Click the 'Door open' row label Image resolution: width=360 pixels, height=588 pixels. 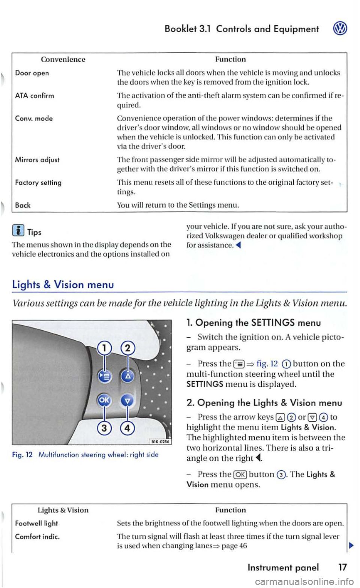pyautogui.click(x=32, y=73)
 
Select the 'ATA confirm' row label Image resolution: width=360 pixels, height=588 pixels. pyautogui.click(x=34, y=96)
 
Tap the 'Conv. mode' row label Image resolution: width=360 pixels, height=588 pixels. pyautogui.click(x=34, y=118)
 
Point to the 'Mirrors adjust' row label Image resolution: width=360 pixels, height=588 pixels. pyautogui.click(x=37, y=160)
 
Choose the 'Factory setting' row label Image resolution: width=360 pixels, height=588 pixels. pyautogui.click(x=38, y=183)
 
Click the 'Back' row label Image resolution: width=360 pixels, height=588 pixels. pyautogui.click(x=23, y=205)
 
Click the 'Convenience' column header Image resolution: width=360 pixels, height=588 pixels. pyautogui.click(x=63, y=59)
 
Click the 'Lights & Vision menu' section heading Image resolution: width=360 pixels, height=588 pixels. pyautogui.click(x=63, y=284)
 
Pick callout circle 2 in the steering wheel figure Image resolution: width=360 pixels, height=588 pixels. pyautogui.click(x=127, y=349)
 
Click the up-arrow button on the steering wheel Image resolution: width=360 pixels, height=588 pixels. pyautogui.click(x=127, y=376)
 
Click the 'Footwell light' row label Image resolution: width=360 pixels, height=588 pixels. pyautogui.click(x=36, y=523)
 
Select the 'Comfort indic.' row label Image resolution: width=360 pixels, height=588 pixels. pyautogui.click(x=37, y=536)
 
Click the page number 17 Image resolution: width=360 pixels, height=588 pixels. pyautogui.click(x=342, y=567)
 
